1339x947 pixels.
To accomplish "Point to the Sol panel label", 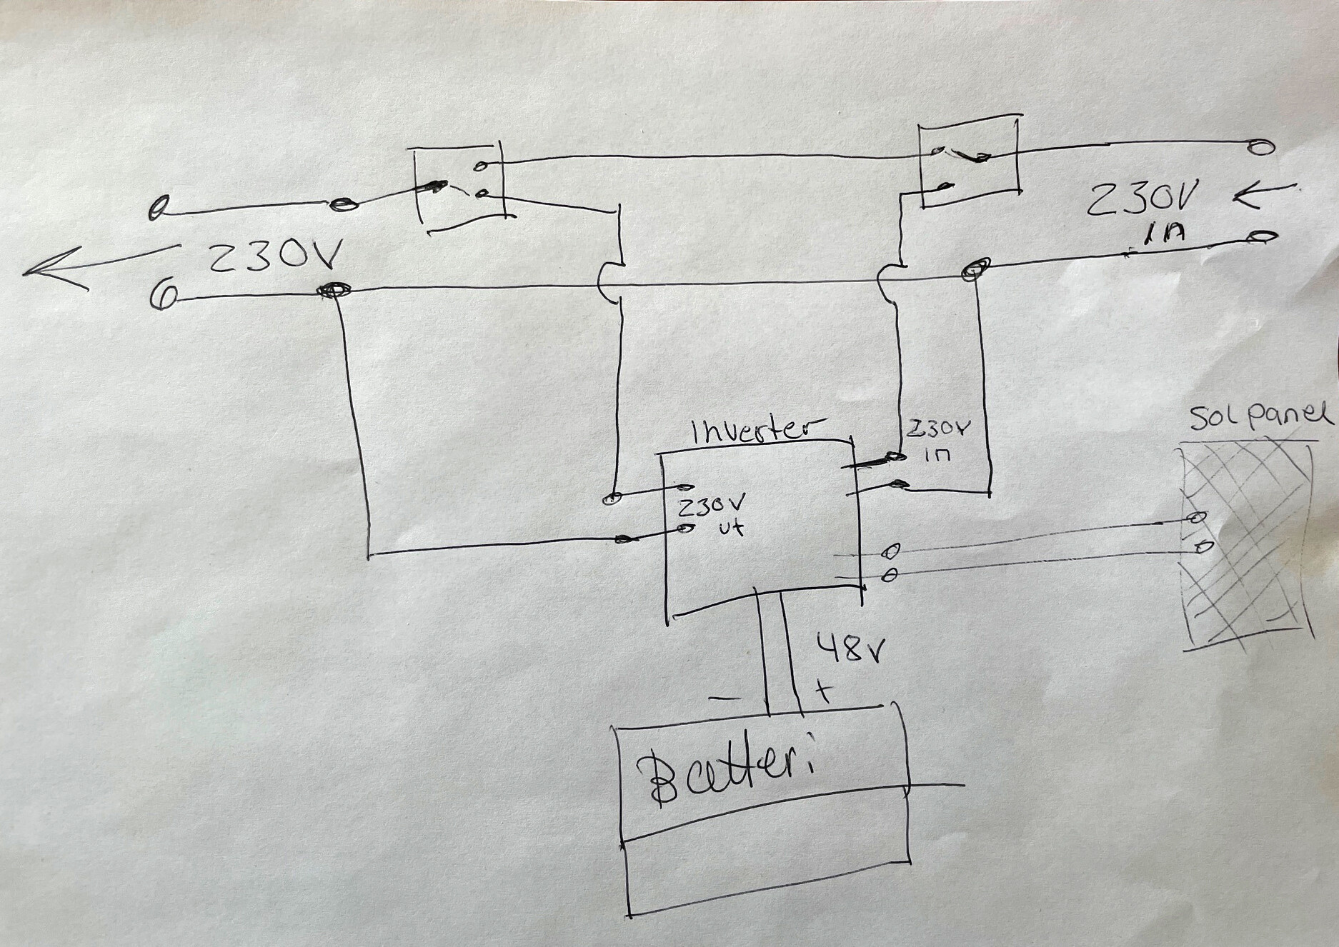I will tap(1262, 417).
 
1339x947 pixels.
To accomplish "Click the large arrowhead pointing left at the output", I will tap(54, 270).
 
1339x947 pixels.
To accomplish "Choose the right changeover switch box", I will tap(968, 165).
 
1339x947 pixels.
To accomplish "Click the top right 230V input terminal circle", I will tap(1260, 146).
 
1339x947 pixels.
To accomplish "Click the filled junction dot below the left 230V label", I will tap(334, 291).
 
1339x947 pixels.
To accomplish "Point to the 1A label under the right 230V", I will tap(1150, 236).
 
